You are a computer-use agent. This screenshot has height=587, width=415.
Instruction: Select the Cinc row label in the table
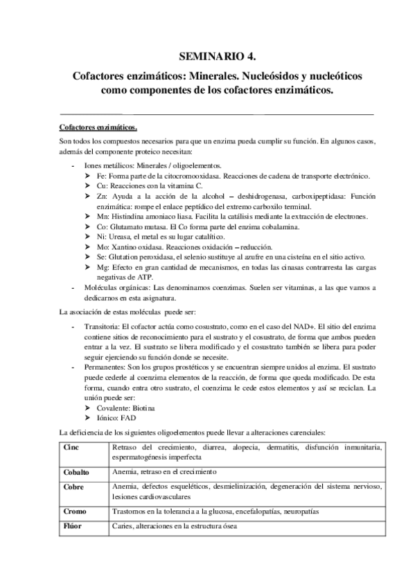(x=71, y=448)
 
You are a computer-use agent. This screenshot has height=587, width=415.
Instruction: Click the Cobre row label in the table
(x=73, y=487)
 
